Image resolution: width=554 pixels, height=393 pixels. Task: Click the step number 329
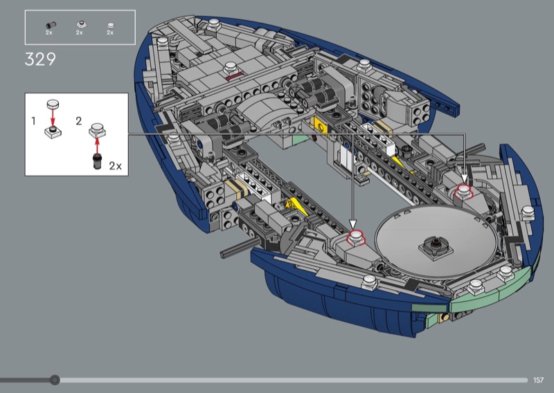click(40, 60)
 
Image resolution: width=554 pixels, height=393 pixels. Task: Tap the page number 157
click(538, 380)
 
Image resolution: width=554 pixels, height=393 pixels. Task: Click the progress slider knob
click(55, 380)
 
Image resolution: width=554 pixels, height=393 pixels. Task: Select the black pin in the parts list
click(51, 25)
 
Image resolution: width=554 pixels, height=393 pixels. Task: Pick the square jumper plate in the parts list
click(82, 25)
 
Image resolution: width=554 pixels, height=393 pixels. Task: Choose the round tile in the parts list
click(111, 26)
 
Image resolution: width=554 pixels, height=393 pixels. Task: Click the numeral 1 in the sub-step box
click(33, 121)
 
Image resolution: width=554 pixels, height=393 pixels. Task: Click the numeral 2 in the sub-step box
click(79, 121)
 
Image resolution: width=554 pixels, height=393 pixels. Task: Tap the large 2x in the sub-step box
click(115, 165)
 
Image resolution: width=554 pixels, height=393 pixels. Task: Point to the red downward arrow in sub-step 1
click(53, 118)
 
